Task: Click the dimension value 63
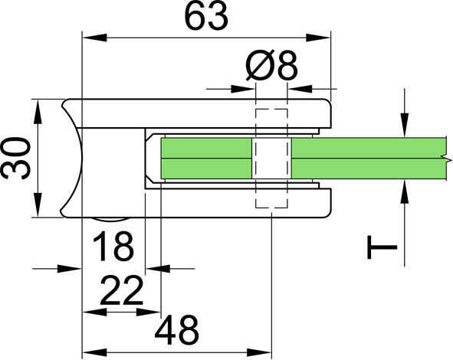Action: (206, 17)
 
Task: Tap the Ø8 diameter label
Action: (271, 66)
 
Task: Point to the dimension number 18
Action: (113, 246)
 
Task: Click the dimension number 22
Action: (121, 290)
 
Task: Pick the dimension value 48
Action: (177, 330)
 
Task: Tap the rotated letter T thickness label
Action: (382, 247)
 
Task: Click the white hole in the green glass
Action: (271, 159)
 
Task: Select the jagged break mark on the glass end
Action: (446, 159)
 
